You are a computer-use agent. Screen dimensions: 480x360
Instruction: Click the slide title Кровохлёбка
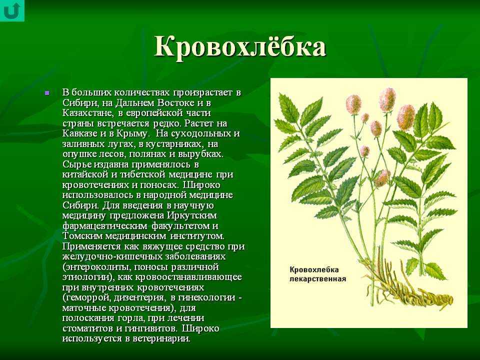pos(240,47)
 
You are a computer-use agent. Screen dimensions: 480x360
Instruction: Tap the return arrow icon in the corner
pos(12,10)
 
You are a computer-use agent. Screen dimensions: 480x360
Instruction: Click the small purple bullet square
pos(47,92)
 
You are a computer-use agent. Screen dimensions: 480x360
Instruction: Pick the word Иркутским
pos(192,215)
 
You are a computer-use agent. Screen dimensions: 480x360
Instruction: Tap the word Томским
pos(82,236)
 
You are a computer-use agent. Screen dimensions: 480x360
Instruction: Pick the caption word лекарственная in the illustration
pos(317,279)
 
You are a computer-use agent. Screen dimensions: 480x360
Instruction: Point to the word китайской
pos(85,174)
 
